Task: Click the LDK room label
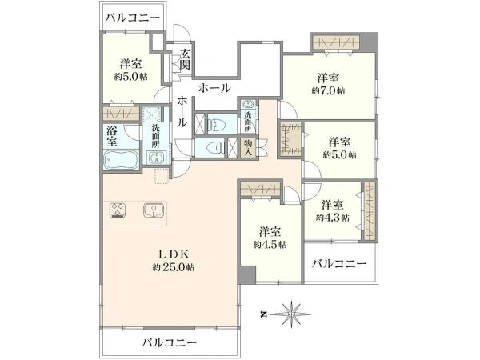click(174, 254)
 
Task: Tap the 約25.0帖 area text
click(174, 267)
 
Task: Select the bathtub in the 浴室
click(121, 159)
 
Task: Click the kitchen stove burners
click(118, 210)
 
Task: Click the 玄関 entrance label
click(186, 59)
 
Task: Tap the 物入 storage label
click(248, 148)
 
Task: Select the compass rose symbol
click(291, 314)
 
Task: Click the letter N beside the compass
click(262, 314)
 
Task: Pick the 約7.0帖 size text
click(328, 91)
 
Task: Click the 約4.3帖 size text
click(333, 218)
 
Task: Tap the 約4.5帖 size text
click(270, 245)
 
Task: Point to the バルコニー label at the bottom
click(169, 342)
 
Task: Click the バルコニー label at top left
click(133, 18)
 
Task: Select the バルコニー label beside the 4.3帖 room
click(339, 263)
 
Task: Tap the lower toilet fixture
click(216, 148)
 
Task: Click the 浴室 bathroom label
click(112, 136)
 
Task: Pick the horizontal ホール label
click(214, 89)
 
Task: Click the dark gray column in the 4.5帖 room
click(246, 275)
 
